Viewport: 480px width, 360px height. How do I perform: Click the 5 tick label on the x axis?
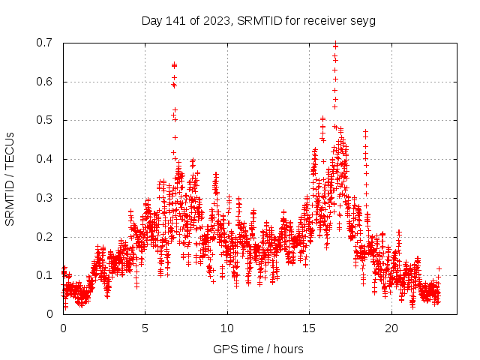[145, 328]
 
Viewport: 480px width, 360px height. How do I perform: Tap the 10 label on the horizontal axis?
[227, 328]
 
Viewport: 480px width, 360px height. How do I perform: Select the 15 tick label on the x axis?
[309, 328]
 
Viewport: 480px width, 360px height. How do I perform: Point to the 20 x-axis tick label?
[391, 328]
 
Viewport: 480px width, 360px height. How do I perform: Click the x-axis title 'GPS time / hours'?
[258, 349]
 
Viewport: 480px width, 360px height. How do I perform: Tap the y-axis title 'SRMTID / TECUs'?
[10, 178]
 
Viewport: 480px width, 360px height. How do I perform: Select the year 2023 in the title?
[214, 20]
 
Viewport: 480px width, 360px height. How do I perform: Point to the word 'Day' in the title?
[152, 20]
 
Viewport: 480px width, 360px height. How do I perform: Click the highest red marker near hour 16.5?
[335, 43]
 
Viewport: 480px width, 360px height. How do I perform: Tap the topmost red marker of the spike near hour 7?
[174, 64]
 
